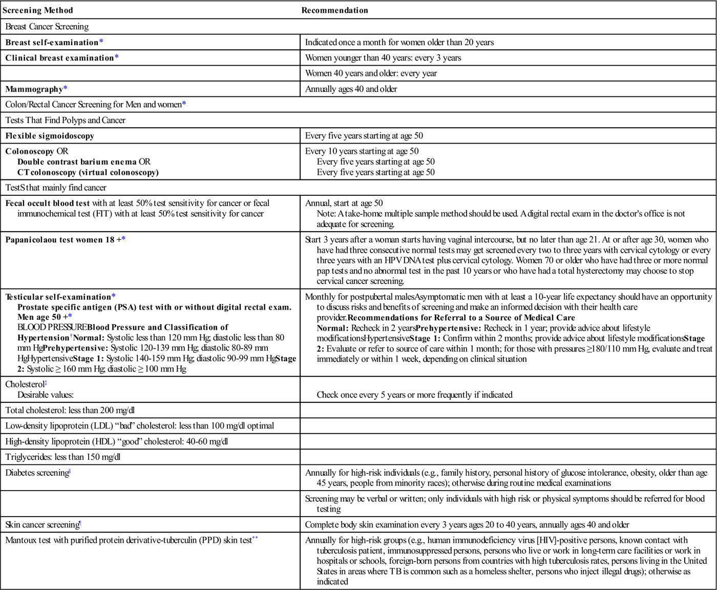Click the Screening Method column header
tap(38, 10)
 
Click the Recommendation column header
tap(334, 10)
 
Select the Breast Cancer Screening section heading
tap(47, 27)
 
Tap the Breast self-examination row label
tap(52, 43)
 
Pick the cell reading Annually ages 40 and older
tap(351, 89)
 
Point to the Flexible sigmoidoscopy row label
tap(50, 136)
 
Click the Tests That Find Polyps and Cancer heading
tap(66, 120)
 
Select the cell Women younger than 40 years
tap(383, 58)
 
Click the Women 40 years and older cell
tap(371, 73)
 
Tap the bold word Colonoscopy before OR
tap(30, 151)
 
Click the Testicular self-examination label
tap(58, 297)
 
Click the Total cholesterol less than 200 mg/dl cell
tap(70, 411)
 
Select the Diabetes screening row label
tap(37, 473)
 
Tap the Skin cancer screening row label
tap(42, 525)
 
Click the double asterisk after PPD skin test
tap(255, 539)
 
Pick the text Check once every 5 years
tap(414, 395)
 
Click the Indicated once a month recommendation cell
tap(399, 43)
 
